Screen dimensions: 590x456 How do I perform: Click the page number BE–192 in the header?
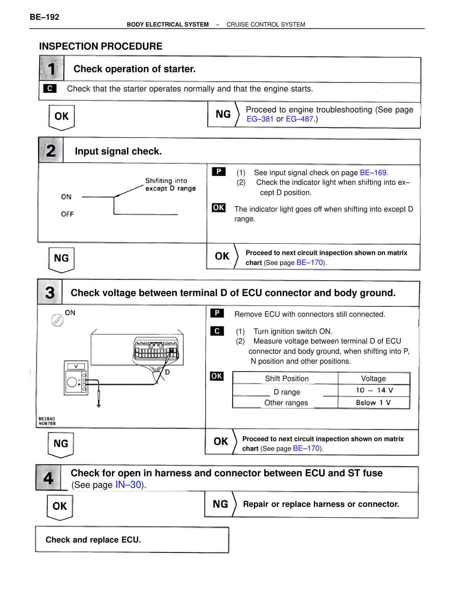[45, 17]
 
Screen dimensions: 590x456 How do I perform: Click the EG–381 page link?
[260, 119]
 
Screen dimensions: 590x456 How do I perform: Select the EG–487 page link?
[299, 119]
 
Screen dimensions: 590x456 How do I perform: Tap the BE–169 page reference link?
[373, 172]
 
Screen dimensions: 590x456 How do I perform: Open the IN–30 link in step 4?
[128, 485]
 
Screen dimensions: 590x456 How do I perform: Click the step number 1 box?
[52, 68]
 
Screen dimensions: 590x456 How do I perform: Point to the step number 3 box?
[50, 293]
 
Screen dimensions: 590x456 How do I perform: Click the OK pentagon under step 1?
[62, 117]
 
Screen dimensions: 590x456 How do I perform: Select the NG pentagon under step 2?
[61, 259]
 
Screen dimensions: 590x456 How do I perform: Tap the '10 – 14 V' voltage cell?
[374, 390]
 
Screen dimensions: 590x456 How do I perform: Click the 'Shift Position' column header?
[286, 378]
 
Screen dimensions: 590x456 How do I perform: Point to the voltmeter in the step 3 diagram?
[76, 378]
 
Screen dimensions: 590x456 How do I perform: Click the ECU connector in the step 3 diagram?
[156, 350]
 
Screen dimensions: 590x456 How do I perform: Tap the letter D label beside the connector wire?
[167, 372]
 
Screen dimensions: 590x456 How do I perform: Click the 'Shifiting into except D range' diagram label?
[170, 185]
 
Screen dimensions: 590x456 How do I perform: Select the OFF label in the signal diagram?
[67, 214]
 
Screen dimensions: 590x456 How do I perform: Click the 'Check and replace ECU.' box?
[132, 539]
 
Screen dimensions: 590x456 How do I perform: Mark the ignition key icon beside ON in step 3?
[57, 320]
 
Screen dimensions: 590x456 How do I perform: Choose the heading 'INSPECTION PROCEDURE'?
[100, 46]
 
